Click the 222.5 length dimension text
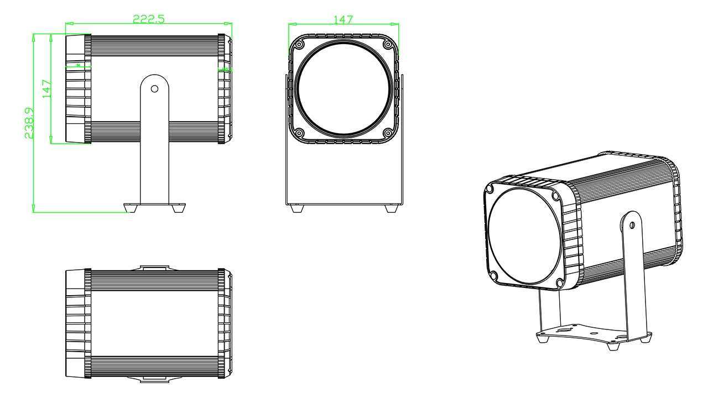tap(148, 18)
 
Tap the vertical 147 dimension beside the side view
tap(47, 89)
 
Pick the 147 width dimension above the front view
tap(343, 19)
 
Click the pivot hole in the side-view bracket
tap(155, 88)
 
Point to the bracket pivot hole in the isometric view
tap(632, 225)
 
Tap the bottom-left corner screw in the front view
tap(299, 133)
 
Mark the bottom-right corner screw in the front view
tap(387, 133)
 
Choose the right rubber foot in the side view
tap(179, 208)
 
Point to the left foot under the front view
tap(296, 209)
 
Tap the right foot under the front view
tap(391, 209)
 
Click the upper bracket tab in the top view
tap(155, 268)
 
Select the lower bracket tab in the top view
tap(155, 379)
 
